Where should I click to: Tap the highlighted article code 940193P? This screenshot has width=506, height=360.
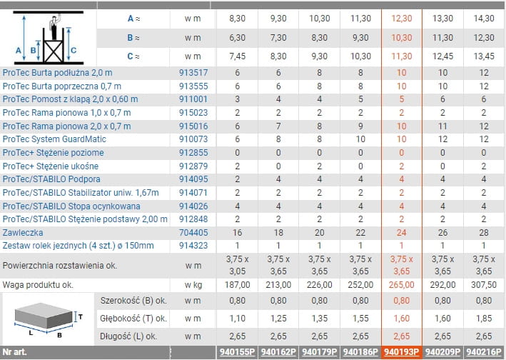click(x=400, y=352)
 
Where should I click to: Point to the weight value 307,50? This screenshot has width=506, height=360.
click(x=484, y=285)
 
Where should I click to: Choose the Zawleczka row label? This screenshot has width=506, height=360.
click(x=23, y=233)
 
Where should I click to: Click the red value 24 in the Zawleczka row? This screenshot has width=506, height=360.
click(x=401, y=233)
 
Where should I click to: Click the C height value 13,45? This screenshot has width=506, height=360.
click(x=484, y=56)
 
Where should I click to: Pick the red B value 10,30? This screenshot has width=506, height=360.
click(x=401, y=36)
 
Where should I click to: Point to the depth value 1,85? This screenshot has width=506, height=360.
click(x=484, y=318)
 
